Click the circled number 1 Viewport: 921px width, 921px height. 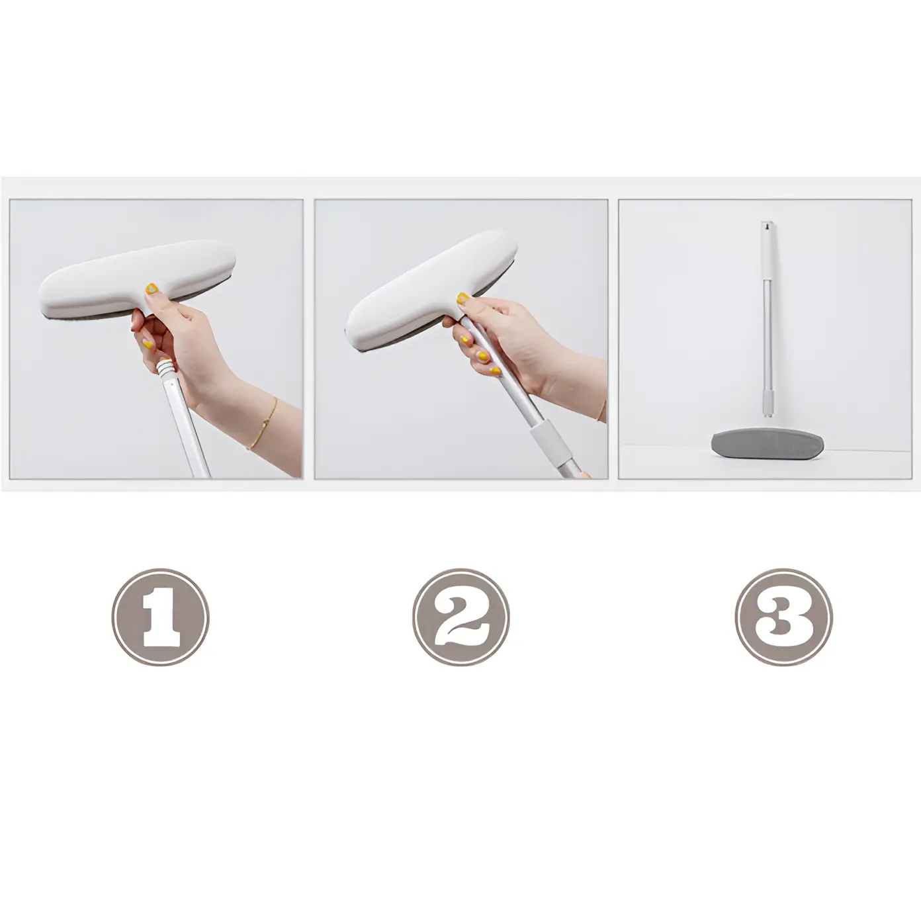pos(161,617)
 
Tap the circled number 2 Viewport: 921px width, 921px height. pos(460,617)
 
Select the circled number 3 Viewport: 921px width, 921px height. pos(784,617)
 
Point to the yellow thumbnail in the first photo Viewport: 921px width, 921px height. pos(152,288)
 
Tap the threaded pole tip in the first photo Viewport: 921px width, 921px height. pos(167,369)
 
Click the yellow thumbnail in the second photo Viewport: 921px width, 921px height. pos(462,298)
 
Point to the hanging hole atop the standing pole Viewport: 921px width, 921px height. pos(767,224)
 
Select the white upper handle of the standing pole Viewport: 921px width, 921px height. pos(767,251)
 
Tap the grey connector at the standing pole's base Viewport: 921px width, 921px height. pos(768,402)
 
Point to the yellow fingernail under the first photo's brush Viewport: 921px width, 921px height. pos(148,343)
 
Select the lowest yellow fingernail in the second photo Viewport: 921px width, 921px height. pos(496,371)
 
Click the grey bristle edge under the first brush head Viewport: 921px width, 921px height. pos(144,311)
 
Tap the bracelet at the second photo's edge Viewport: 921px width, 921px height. pos(602,410)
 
